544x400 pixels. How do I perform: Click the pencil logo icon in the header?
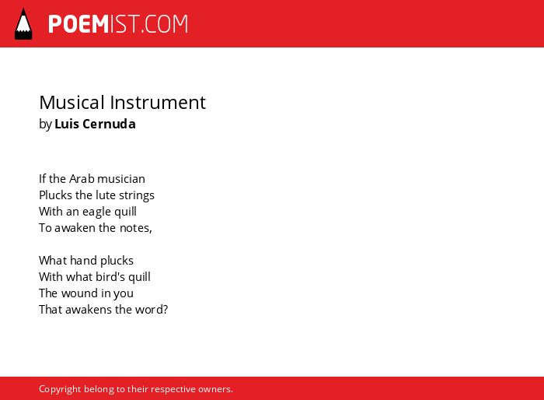[23, 24]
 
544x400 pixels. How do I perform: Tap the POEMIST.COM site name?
[118, 24]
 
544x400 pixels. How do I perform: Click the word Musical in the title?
[71, 102]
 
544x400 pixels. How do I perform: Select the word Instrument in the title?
[158, 102]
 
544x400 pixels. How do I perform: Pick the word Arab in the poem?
[82, 179]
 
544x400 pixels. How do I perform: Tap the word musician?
[121, 179]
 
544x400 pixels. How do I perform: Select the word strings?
[137, 195]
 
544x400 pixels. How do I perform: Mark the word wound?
[80, 293]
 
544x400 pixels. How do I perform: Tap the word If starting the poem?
[42, 179]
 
